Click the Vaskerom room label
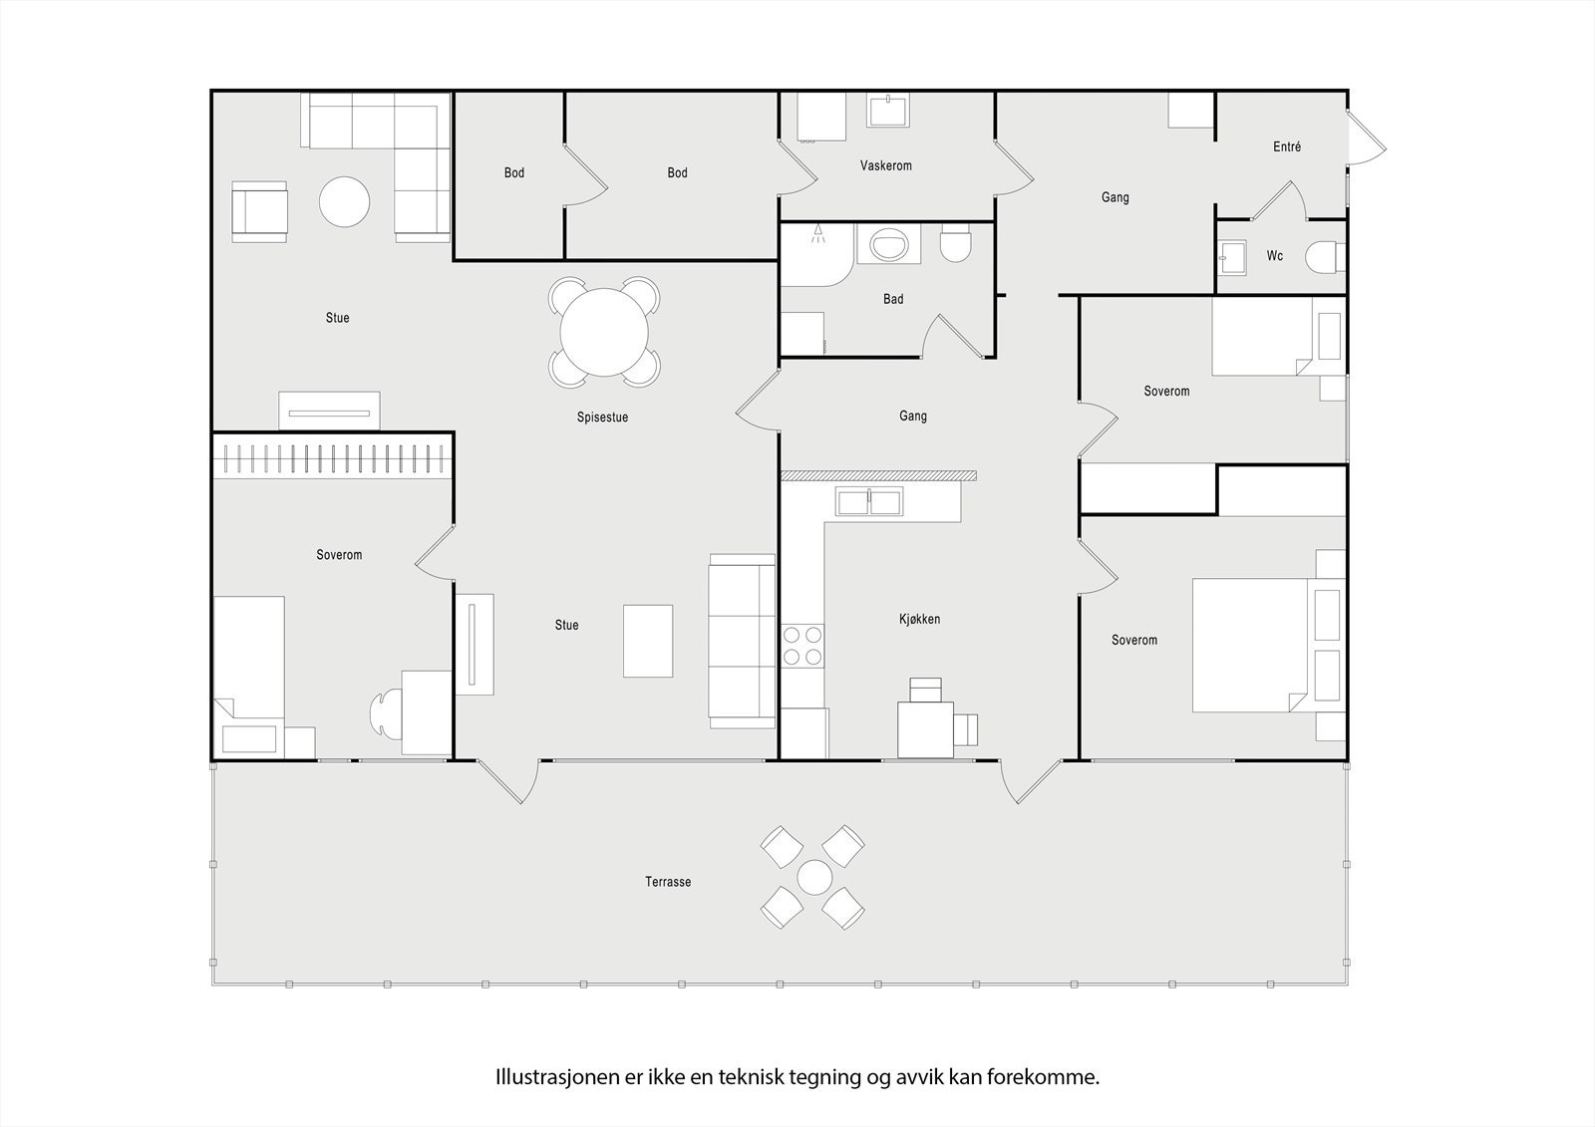click(x=886, y=165)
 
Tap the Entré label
click(x=1287, y=146)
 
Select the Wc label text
click(x=1275, y=255)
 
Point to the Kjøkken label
click(x=919, y=620)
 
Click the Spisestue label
click(x=602, y=418)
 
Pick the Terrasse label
click(x=668, y=882)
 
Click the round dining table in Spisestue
click(x=604, y=332)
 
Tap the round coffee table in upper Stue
click(x=344, y=202)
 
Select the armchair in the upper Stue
click(x=259, y=211)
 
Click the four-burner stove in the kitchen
click(x=802, y=646)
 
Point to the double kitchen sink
click(x=868, y=502)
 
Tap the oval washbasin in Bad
click(x=888, y=244)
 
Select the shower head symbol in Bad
click(x=818, y=233)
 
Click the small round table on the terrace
click(x=814, y=877)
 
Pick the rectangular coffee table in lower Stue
click(x=648, y=641)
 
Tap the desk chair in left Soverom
click(x=386, y=712)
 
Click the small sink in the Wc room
click(x=1232, y=258)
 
